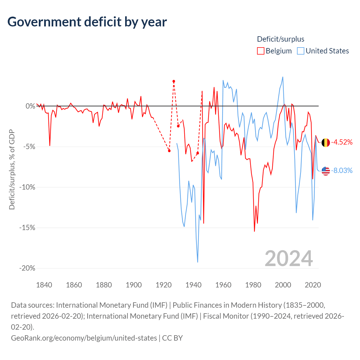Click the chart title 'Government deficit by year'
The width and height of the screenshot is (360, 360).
pos(87,22)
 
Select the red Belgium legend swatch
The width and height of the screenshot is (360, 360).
pos(260,51)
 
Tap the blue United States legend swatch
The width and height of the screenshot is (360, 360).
pos(300,51)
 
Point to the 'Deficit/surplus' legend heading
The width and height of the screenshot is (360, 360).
pos(280,39)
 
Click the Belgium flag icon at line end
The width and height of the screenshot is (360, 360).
pos(325,143)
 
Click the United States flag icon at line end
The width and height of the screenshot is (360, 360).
pos(325,171)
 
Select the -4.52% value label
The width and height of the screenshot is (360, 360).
pos(342,142)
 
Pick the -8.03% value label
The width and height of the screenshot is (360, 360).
pos(342,170)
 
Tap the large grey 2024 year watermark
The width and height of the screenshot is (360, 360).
pos(289,258)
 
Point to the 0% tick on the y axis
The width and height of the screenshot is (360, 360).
pos(30,106)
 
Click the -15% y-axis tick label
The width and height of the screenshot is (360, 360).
pos(27,228)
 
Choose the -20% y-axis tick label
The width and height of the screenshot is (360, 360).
pos(27,268)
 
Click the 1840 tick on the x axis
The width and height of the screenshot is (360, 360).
pos(44,285)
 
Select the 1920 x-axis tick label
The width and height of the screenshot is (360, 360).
pos(163,285)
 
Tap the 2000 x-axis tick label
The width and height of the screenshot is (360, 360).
pos(283,285)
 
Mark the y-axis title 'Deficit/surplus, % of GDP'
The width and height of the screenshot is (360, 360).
pos(12,169)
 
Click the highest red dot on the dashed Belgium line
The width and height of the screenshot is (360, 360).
pos(174,82)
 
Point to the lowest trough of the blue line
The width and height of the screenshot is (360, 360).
pos(197,262)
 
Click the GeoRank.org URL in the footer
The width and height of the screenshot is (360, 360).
pos(84,338)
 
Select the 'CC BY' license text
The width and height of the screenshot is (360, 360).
pos(172,338)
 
